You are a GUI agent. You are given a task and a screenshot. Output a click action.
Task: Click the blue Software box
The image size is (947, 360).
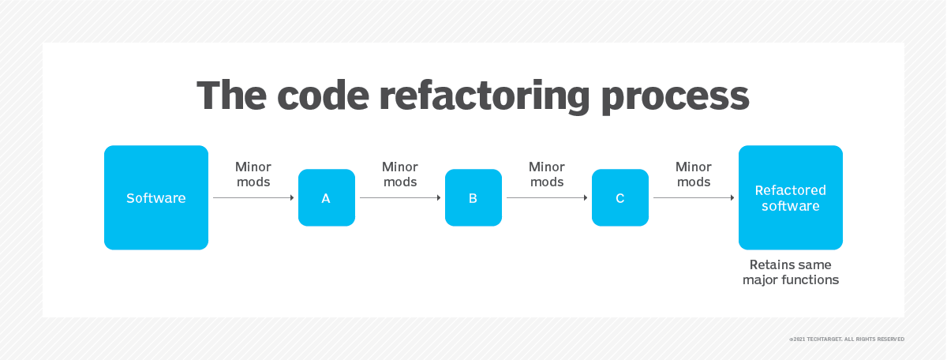click(x=156, y=197)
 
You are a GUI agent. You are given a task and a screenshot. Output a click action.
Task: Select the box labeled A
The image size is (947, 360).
click(x=327, y=197)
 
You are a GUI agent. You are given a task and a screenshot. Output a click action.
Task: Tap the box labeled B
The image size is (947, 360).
click(x=473, y=197)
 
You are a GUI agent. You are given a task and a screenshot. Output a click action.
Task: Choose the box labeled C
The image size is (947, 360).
click(x=619, y=197)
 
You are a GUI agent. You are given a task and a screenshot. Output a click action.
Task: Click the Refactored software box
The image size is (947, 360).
click(x=791, y=197)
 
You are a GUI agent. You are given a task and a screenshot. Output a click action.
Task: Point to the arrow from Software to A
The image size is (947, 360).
click(x=253, y=197)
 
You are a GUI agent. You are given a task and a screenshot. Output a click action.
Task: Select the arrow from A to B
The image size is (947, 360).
click(x=400, y=197)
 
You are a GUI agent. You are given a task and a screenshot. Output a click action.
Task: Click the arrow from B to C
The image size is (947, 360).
click(x=547, y=197)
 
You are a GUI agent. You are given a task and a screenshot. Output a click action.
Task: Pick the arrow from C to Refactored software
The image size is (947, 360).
click(x=694, y=197)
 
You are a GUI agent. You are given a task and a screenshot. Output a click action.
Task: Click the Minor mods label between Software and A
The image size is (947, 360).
click(x=253, y=174)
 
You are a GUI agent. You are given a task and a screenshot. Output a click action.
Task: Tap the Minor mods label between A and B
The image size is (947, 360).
click(x=400, y=174)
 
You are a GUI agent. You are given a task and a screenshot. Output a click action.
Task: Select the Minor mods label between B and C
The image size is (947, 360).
click(x=547, y=174)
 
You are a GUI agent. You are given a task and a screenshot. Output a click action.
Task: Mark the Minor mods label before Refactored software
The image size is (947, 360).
click(x=694, y=174)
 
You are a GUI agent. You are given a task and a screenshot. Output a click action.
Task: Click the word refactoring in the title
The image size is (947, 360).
click(x=485, y=97)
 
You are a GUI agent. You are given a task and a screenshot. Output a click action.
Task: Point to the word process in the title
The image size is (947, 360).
click(x=676, y=99)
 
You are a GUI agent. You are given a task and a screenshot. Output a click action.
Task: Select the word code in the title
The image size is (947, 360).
click(x=323, y=96)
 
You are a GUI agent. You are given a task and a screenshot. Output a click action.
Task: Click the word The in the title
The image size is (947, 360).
click(x=232, y=96)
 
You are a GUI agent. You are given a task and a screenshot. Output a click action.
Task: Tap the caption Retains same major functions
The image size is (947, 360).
click(x=791, y=272)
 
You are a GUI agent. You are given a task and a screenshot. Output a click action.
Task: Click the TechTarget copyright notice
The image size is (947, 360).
click(x=847, y=339)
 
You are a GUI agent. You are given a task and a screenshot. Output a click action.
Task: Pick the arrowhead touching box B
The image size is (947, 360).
click(x=439, y=197)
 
